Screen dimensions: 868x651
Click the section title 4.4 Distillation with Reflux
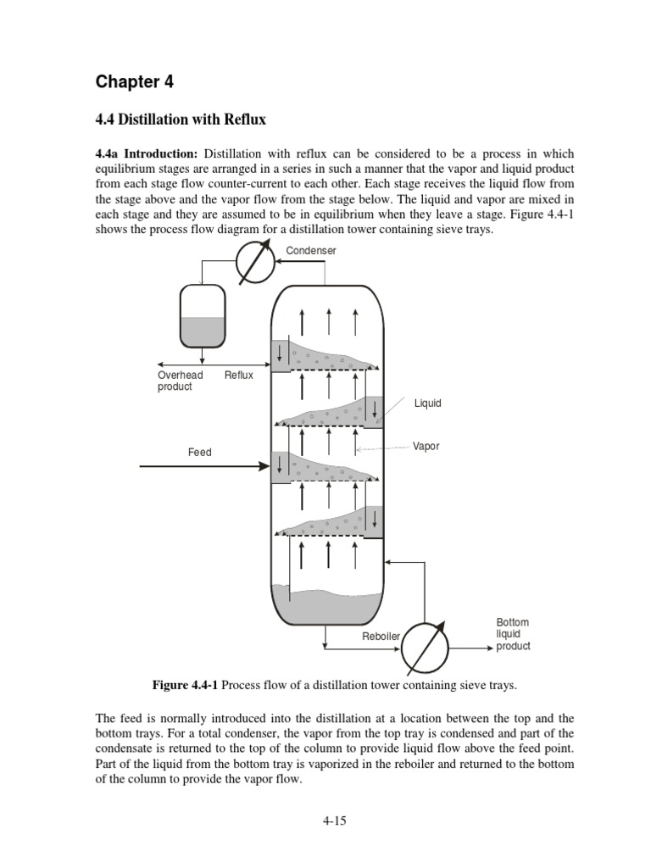click(181, 120)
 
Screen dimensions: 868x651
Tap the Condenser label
click(310, 251)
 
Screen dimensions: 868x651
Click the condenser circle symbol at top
click(255, 262)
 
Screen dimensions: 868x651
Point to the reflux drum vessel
click(202, 316)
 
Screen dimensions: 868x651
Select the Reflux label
click(239, 376)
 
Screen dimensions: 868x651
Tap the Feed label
click(199, 453)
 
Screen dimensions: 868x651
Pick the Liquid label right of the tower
click(427, 403)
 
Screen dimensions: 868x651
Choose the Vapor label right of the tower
click(426, 446)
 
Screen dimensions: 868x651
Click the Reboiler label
click(381, 637)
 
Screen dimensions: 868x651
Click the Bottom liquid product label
click(513, 634)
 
